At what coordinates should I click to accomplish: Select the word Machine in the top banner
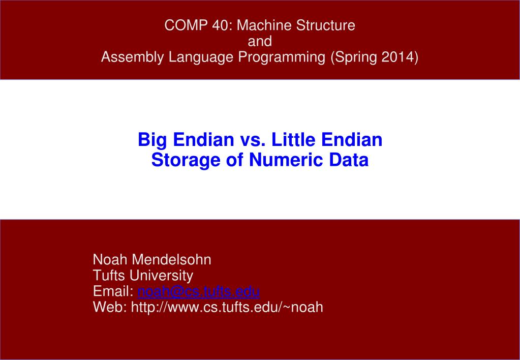tap(261, 26)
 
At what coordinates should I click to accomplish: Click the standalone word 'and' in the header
tap(260, 42)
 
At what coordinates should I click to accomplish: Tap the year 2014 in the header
tap(398, 57)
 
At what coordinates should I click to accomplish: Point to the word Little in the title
tap(290, 140)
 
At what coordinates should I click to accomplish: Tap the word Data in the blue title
tap(348, 160)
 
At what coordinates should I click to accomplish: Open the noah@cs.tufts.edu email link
tap(199, 291)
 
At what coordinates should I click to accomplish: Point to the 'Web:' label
tap(110, 307)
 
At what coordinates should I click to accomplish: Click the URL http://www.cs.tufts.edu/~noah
tap(227, 307)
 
